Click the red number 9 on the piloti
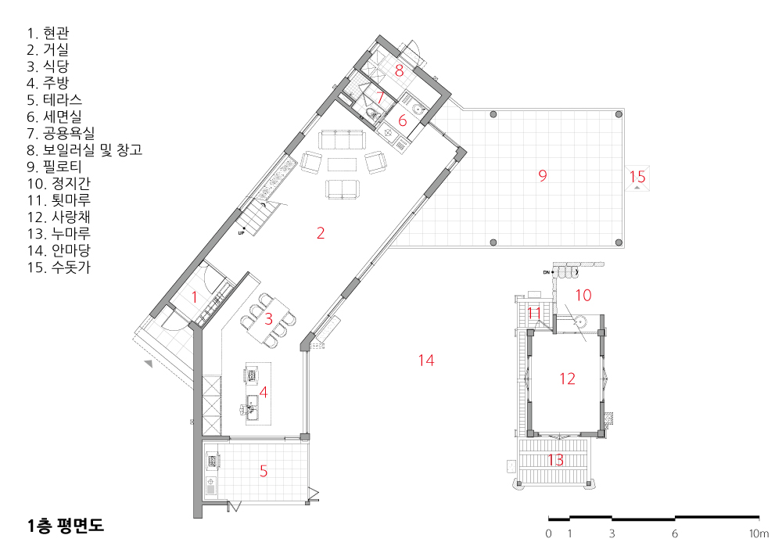pos(543,175)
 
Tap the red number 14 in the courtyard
pos(426,361)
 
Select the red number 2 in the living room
pos(321,233)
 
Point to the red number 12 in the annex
pos(567,379)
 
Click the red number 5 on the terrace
pos(264,471)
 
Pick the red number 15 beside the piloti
pos(637,177)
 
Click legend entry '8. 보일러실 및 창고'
pos(84,150)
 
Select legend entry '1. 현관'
pos(48,34)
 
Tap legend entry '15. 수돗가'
pos(59,268)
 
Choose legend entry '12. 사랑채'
pos(59,217)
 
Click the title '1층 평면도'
pos(66,525)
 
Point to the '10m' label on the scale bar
pos(759,533)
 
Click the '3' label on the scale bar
pos(612,533)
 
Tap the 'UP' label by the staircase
pos(242,233)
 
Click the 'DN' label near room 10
pos(546,272)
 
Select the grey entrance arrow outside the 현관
pos(148,364)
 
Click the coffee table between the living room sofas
pos(343,164)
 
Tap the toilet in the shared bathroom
pos(371,114)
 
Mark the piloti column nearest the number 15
pos(619,114)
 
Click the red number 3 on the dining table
pos(268,318)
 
